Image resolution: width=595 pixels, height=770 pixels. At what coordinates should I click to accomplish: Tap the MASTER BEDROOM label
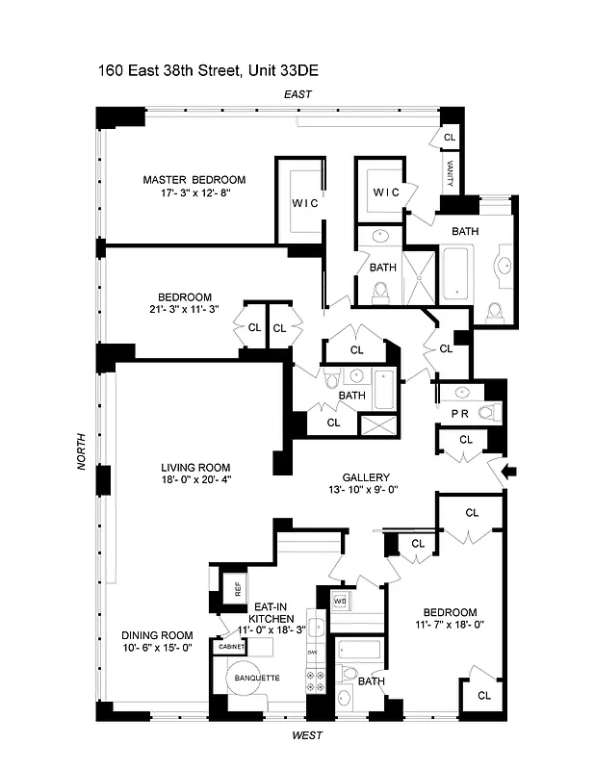[x=194, y=180]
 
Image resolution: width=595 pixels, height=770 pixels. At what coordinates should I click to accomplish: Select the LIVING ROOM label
[x=196, y=468]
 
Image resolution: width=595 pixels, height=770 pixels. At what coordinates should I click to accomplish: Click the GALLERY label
[x=365, y=477]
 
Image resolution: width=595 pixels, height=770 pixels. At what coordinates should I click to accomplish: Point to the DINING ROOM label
[x=157, y=635]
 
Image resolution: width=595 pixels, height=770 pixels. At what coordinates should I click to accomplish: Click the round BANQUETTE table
[x=254, y=680]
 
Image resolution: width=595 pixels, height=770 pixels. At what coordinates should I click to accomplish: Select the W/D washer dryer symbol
[x=339, y=603]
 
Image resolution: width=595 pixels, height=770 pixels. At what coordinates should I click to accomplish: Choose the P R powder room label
[x=460, y=413]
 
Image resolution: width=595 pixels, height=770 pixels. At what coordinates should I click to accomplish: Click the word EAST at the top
[x=297, y=94]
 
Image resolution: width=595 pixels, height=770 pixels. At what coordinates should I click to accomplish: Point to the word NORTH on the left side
[x=85, y=450]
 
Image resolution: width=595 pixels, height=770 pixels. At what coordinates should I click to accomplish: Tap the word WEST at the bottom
[x=307, y=735]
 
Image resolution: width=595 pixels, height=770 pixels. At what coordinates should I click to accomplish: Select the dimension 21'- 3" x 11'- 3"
[x=184, y=310]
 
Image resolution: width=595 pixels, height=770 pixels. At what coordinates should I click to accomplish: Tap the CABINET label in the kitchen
[x=232, y=647]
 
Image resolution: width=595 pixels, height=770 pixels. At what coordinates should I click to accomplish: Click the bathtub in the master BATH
[x=456, y=272]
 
